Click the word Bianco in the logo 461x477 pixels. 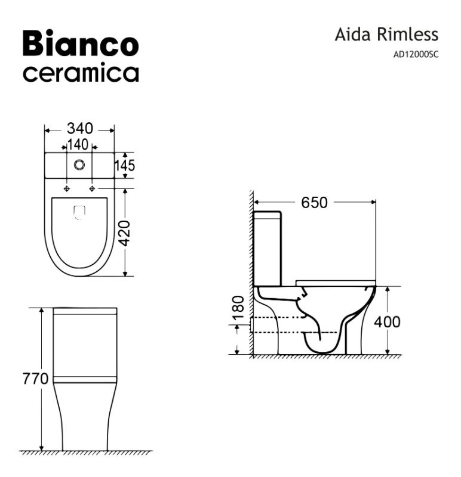tap(81, 43)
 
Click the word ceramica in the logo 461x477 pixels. tap(81, 73)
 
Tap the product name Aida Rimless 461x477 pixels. tap(386, 34)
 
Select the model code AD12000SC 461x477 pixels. tap(416, 54)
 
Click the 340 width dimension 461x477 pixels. tap(80, 128)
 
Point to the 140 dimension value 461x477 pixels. tap(78, 144)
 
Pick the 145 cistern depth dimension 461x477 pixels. tap(125, 166)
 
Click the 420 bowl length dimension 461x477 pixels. tap(124, 233)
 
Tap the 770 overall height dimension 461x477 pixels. tap(35, 379)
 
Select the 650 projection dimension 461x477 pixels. tap(315, 203)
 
